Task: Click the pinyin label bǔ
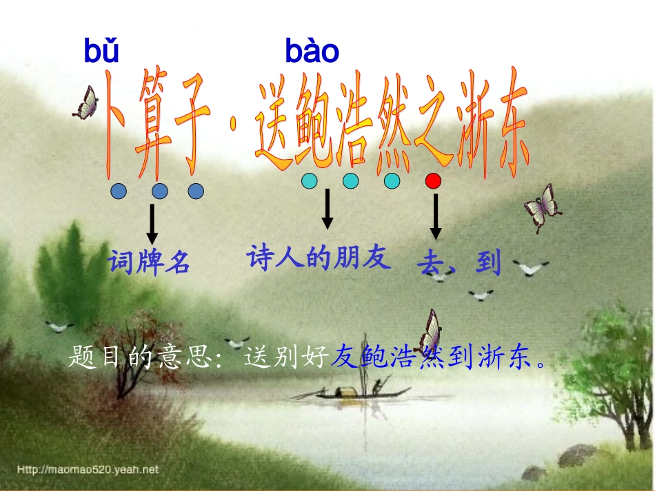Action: point(101,52)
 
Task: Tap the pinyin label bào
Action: point(312,52)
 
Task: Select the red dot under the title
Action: point(433,182)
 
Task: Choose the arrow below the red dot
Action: point(435,216)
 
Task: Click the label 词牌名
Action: point(149,262)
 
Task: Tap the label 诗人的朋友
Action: point(319,258)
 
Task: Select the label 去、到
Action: point(458,263)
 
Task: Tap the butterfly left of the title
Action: point(87,103)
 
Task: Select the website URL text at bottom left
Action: point(88,470)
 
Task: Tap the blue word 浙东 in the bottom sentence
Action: point(508,358)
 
